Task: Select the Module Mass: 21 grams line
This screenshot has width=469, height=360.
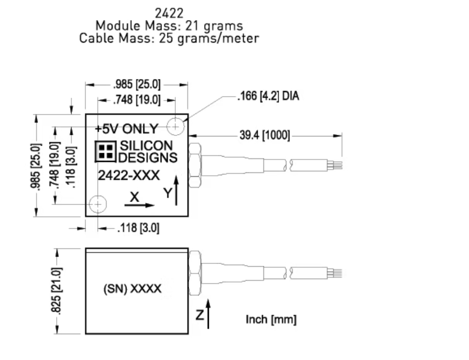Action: tap(169, 26)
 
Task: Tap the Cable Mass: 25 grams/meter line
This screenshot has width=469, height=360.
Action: tap(169, 38)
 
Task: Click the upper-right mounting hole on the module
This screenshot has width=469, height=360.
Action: tap(176, 127)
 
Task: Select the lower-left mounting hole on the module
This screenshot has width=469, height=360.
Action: tap(98, 203)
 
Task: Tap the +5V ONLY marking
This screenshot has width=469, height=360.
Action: tap(126, 128)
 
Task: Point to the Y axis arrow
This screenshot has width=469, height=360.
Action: tap(178, 192)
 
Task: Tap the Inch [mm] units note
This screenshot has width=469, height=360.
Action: tap(271, 320)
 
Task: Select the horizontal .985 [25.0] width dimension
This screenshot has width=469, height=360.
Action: tap(136, 85)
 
